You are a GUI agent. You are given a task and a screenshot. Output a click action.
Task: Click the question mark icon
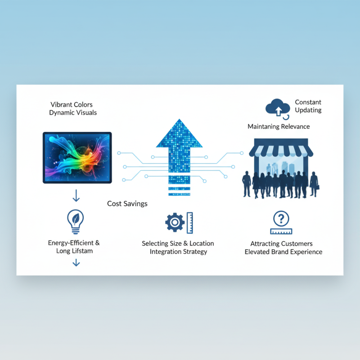[x=281, y=219]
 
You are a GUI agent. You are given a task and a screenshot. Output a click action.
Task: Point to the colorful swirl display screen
[x=77, y=157]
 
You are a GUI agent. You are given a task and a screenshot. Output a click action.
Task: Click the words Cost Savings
[x=127, y=204]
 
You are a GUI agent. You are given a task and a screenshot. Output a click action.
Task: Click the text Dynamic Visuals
[x=73, y=112]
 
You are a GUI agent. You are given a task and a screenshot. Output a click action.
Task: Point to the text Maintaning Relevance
[x=279, y=126]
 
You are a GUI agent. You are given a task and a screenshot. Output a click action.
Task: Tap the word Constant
[x=308, y=102]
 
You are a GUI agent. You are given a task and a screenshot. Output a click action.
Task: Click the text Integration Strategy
[x=178, y=252]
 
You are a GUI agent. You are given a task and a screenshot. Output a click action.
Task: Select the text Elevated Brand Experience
[x=283, y=252]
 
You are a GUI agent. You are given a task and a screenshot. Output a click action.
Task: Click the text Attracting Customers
[x=281, y=243]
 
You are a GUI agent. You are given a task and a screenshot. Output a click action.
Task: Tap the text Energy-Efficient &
[x=74, y=243]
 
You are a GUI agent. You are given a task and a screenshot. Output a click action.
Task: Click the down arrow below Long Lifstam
[x=76, y=262]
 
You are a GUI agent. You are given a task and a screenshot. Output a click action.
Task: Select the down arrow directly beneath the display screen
[x=76, y=195]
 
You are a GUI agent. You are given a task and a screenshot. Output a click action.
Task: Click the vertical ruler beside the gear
[x=189, y=222]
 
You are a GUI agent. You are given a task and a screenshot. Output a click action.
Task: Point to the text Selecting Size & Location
[x=178, y=243]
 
